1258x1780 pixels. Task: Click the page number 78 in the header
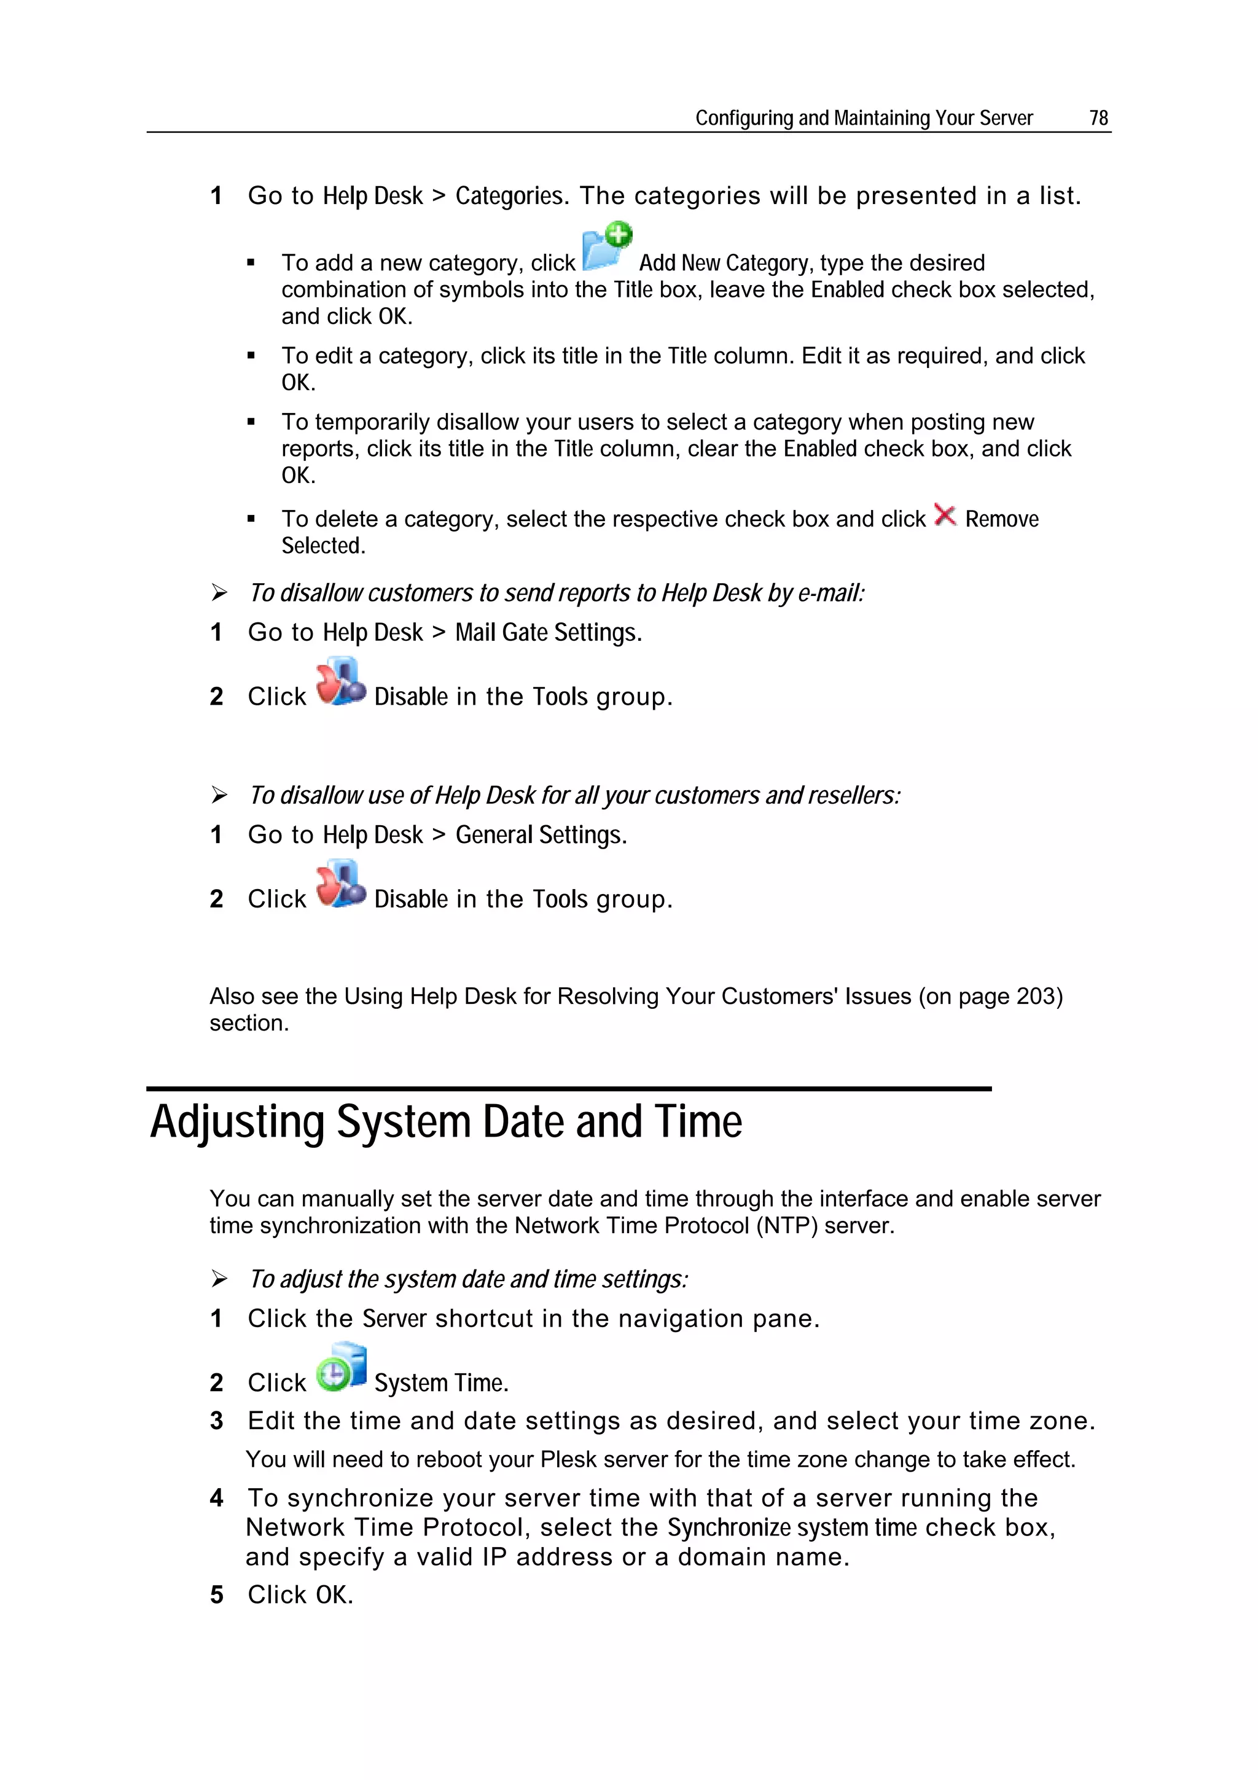[1098, 118]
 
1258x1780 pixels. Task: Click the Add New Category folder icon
[606, 246]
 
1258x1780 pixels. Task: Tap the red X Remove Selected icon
[945, 516]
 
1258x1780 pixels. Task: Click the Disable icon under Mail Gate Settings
[340, 682]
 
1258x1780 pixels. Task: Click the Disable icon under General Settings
[340, 885]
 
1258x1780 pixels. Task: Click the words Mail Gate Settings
[548, 633]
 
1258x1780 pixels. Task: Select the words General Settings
[541, 835]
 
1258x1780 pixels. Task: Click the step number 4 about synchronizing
[217, 1498]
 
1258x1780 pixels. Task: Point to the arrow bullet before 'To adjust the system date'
[219, 1279]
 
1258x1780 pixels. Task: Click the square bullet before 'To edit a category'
[251, 356]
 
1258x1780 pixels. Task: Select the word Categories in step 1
[509, 196]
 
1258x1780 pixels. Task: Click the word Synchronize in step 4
[729, 1527]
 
